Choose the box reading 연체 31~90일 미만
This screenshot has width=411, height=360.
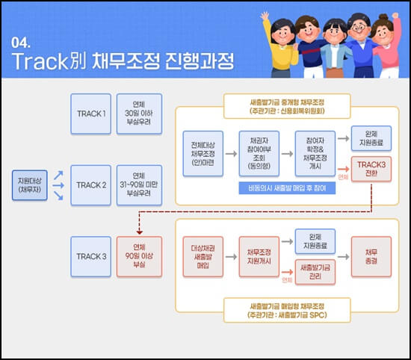tap(137, 184)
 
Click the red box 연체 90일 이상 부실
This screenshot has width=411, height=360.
tap(137, 256)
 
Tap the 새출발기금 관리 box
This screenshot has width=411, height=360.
tap(316, 272)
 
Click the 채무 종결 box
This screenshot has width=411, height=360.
tap(371, 257)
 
